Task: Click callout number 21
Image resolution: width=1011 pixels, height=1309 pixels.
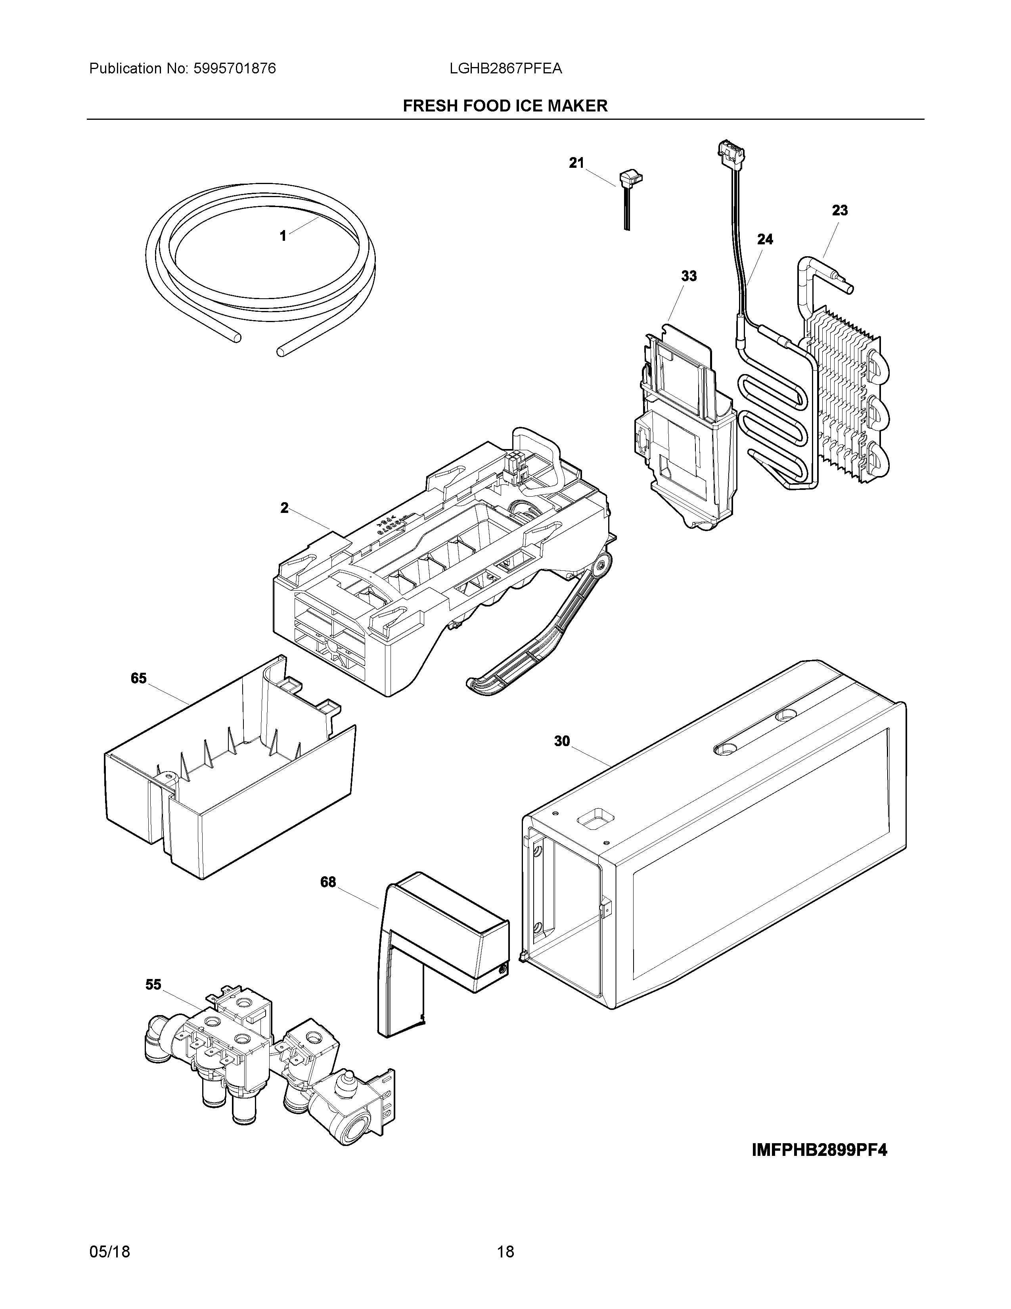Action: tap(576, 163)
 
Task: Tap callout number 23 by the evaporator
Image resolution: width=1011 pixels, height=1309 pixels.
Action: tap(840, 210)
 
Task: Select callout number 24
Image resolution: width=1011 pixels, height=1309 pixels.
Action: tap(765, 240)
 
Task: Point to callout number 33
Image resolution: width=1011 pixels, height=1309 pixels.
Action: tap(689, 276)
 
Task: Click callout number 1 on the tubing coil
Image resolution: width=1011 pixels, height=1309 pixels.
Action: tap(283, 236)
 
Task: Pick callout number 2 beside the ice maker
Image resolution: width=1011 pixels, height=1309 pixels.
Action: tap(285, 508)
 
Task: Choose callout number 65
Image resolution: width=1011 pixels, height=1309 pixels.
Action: tap(138, 678)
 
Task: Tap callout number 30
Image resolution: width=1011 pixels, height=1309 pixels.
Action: tap(562, 741)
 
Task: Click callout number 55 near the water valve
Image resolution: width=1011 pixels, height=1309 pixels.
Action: tap(153, 985)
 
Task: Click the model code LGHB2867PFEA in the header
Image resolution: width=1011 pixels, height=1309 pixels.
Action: tap(505, 69)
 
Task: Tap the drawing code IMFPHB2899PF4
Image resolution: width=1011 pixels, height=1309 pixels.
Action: tap(819, 1151)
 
